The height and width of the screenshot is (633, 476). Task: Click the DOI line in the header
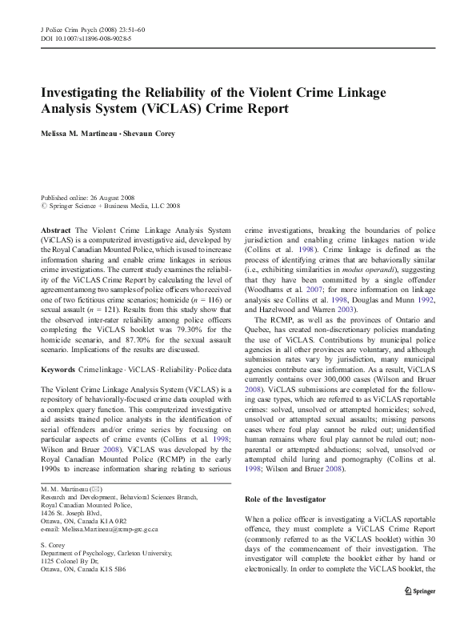(x=86, y=38)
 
